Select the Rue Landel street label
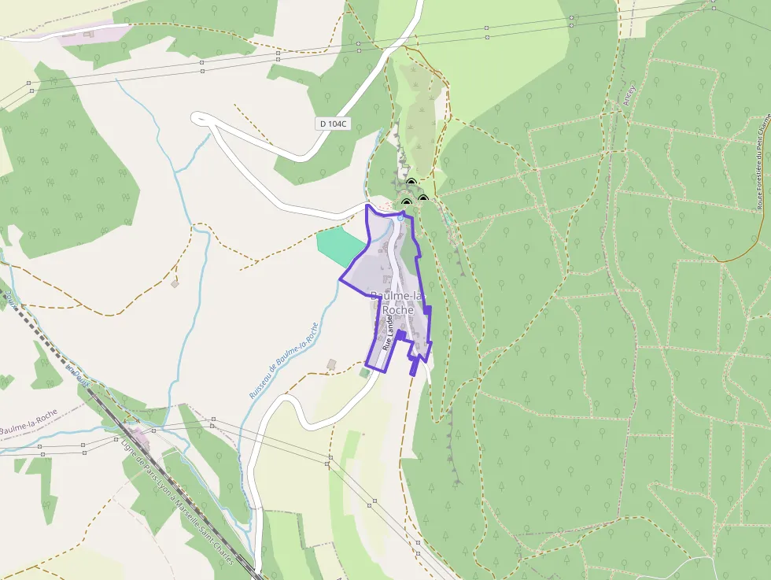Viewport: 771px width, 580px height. click(387, 334)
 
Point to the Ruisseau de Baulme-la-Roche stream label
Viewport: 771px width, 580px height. click(283, 360)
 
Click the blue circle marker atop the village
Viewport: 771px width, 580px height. click(400, 217)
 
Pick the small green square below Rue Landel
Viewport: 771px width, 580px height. click(364, 372)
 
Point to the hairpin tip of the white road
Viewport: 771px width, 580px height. click(197, 117)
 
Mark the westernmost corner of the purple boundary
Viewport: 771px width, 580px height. click(340, 279)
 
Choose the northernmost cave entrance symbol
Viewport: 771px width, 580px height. click(410, 183)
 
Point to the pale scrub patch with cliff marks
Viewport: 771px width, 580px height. click(422, 118)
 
